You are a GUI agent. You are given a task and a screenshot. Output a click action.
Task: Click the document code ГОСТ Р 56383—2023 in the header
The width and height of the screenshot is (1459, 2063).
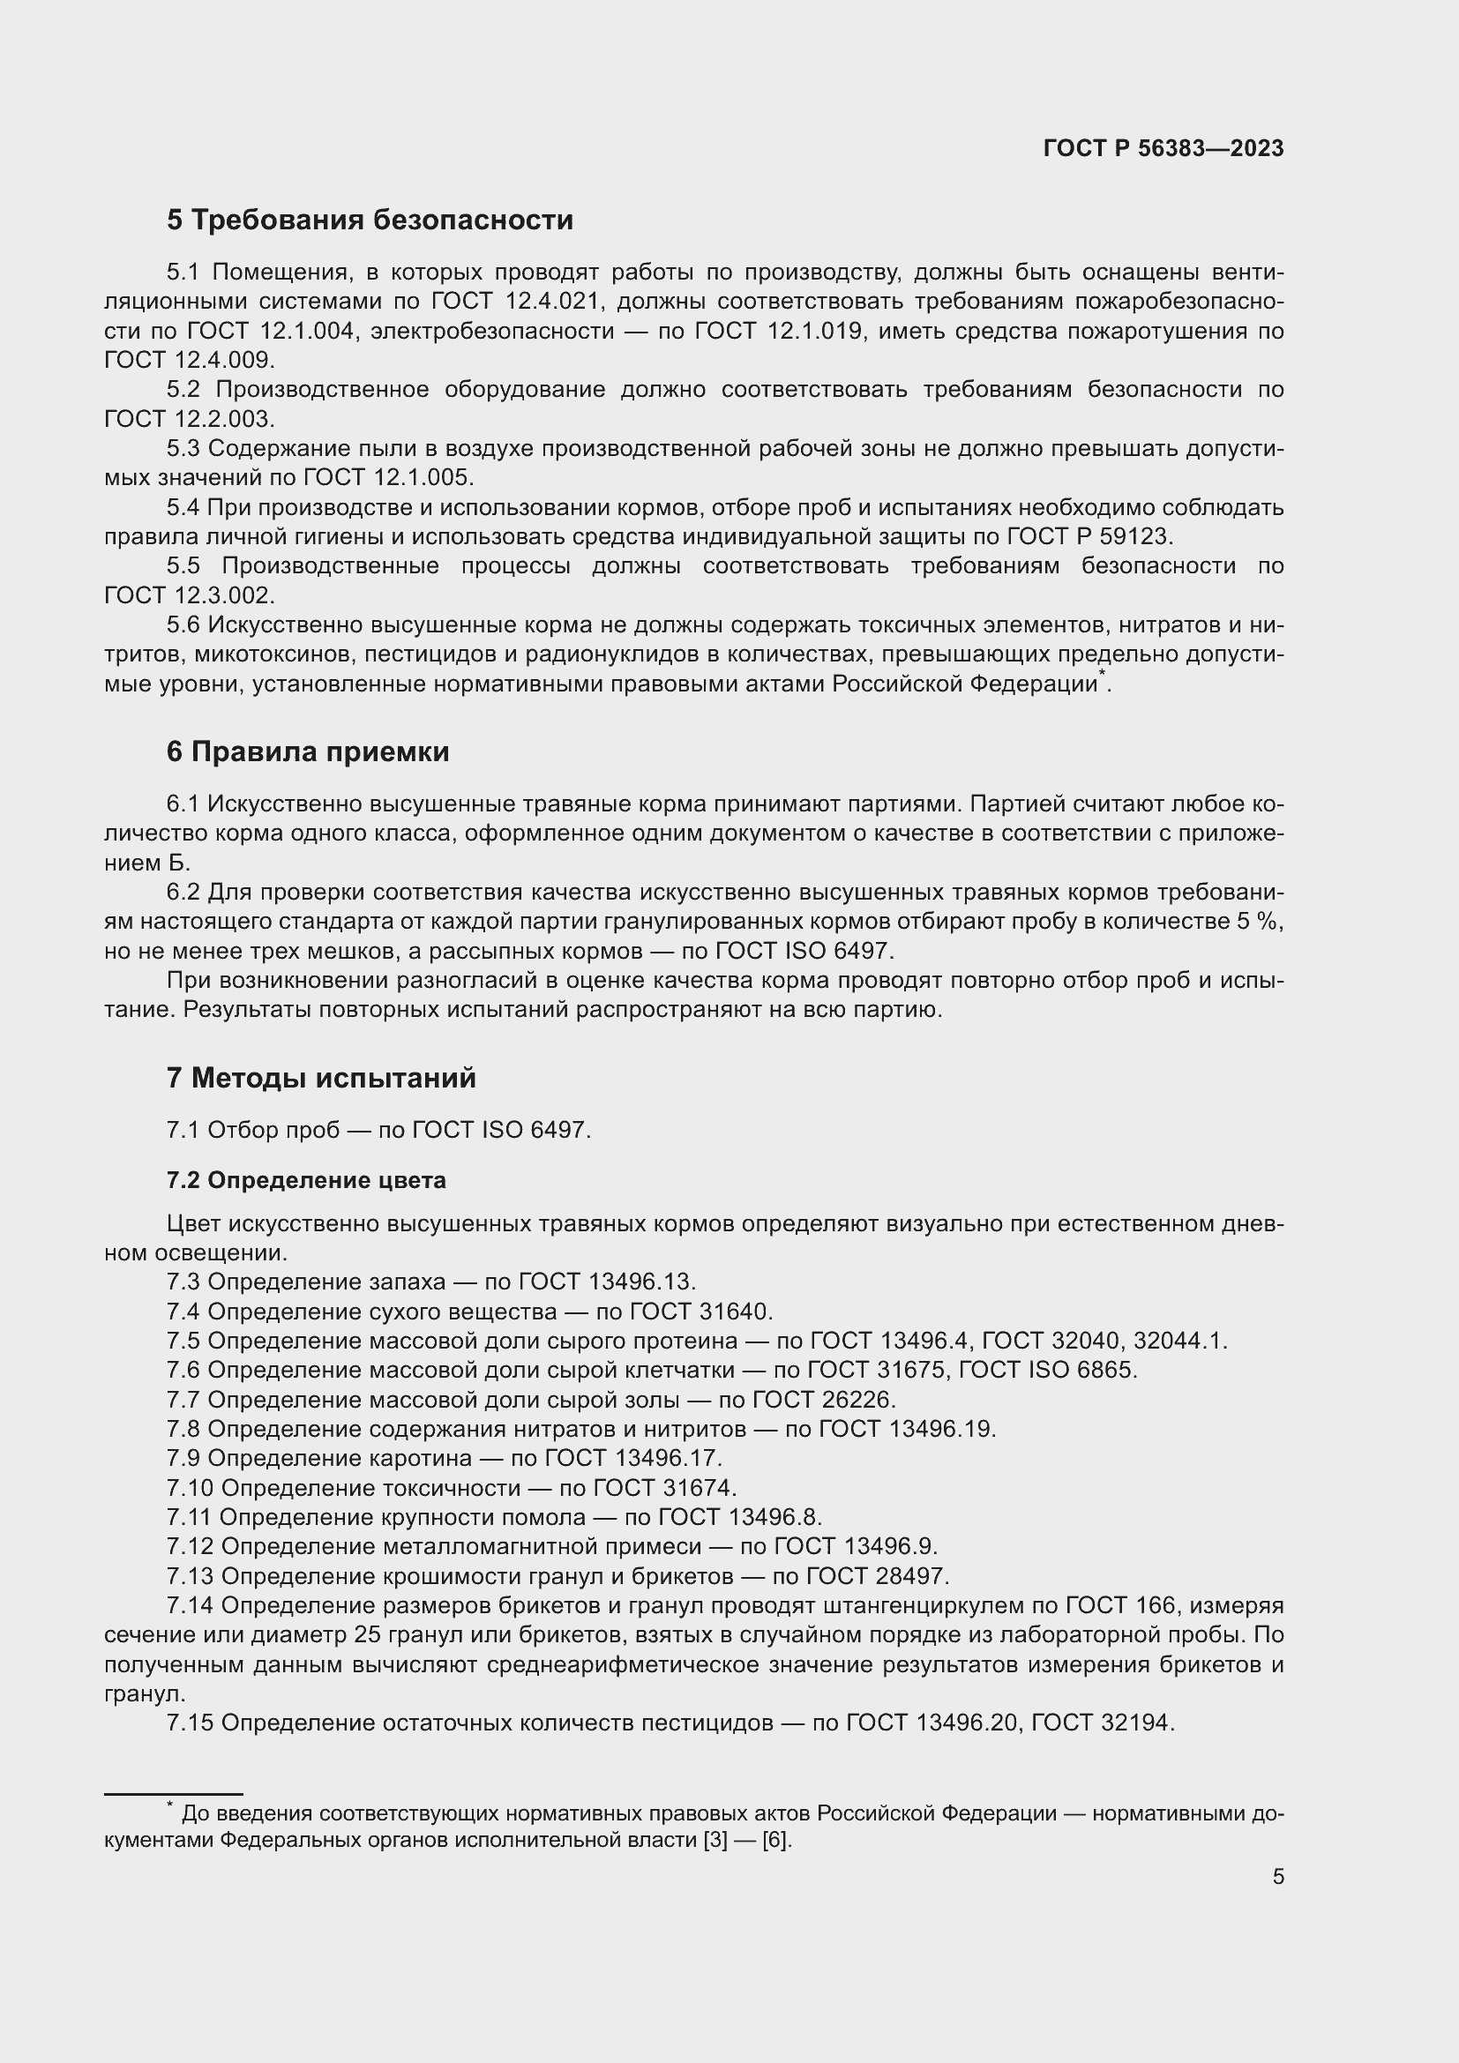pos(1163,148)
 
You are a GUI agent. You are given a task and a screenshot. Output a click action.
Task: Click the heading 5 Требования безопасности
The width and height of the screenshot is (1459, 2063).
pos(370,220)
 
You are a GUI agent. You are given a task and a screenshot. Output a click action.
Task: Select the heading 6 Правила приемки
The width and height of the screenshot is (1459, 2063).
pos(307,751)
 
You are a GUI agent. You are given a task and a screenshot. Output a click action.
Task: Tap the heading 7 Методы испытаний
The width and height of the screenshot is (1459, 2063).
pos(321,1077)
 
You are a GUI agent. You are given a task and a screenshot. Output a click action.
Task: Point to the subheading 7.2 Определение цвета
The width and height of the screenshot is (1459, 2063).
pos(305,1180)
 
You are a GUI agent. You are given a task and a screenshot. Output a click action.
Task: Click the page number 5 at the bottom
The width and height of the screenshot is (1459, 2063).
pos(1277,1876)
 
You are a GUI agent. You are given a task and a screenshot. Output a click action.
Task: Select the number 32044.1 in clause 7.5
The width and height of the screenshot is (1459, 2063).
pos(1178,1341)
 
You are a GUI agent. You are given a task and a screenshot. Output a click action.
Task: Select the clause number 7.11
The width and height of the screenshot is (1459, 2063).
pos(187,1517)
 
